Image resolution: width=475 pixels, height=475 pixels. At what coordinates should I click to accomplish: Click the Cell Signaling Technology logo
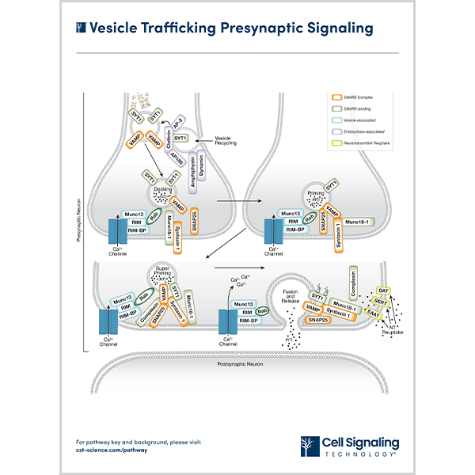(350, 446)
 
